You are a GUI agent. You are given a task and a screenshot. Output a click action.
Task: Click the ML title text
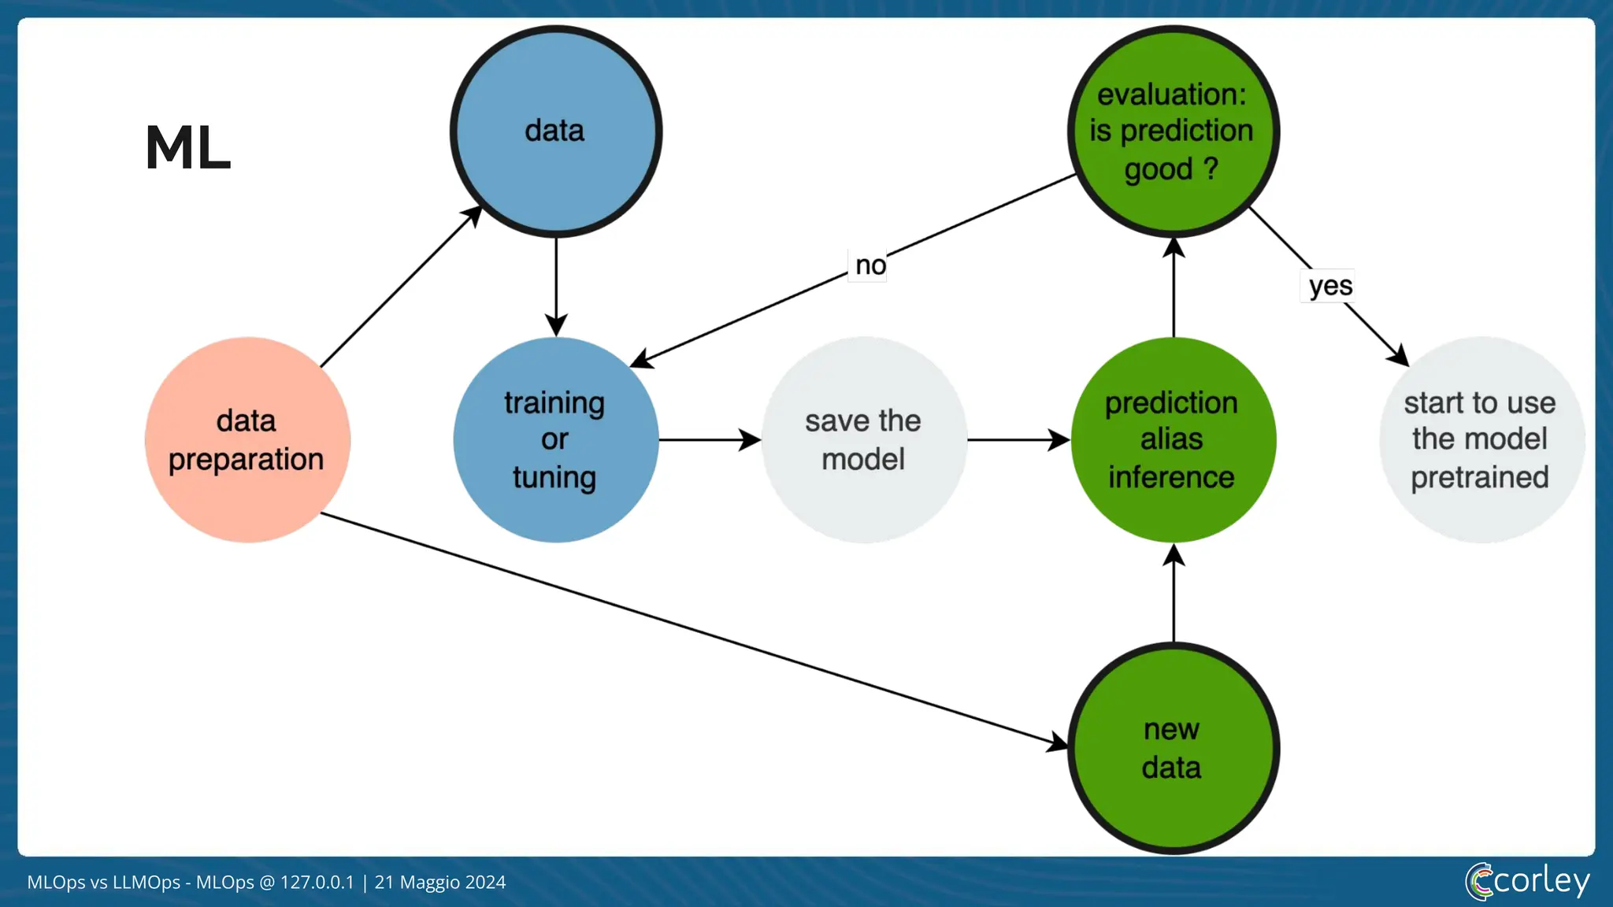tap(187, 148)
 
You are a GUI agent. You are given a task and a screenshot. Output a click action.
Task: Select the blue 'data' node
tap(555, 131)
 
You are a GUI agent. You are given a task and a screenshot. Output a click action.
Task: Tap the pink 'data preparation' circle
tap(247, 440)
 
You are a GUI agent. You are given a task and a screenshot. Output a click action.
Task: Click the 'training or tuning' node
tap(555, 440)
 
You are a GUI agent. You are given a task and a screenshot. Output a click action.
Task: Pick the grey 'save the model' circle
tap(864, 440)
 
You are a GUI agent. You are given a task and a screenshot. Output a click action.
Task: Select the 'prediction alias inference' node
tap(1173, 440)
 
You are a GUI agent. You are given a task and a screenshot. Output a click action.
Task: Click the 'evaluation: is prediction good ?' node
tap(1173, 131)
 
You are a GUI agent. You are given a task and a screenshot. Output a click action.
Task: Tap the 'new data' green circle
tap(1173, 748)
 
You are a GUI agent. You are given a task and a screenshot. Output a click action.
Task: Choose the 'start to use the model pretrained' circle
tap(1481, 440)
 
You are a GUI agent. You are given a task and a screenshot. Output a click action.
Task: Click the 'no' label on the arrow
tap(870, 266)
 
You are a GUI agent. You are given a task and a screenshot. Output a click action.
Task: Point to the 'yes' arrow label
tap(1330, 286)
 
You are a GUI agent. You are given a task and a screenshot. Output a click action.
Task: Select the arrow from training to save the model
tap(709, 440)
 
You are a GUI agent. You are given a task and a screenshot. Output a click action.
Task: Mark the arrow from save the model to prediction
tap(1018, 440)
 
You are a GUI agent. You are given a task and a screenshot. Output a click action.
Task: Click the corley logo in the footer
tap(1527, 881)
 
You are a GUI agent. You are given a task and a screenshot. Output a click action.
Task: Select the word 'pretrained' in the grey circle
tap(1480, 478)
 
